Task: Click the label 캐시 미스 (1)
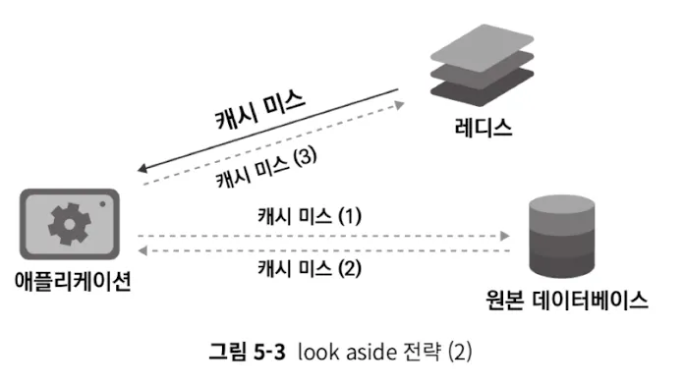click(310, 215)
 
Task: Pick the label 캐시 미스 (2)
click(310, 265)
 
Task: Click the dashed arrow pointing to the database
click(324, 236)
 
